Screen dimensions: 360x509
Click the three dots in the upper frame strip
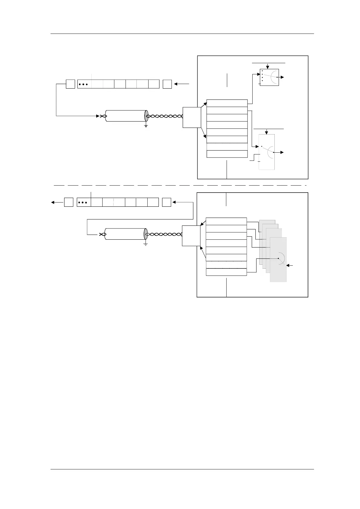pos(83,84)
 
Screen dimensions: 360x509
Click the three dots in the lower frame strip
pos(83,202)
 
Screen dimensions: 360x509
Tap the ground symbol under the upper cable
pos(146,125)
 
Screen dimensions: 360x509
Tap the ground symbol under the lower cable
pos(146,243)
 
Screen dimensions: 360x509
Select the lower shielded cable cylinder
pos(125,234)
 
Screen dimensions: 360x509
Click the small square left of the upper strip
pos(70,84)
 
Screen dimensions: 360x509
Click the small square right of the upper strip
pos(167,84)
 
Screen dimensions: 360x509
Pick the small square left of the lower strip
pos(69,202)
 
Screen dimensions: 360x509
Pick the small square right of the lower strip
pos(166,202)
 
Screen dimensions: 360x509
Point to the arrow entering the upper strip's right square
pos(182,84)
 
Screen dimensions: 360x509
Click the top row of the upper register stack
pos(227,103)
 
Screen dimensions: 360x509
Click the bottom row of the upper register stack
pos(227,154)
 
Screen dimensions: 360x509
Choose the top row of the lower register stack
pos(226,221)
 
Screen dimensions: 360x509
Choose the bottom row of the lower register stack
pos(226,272)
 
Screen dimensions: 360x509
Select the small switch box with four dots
pos(269,77)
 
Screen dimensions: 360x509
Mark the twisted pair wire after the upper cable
pos(165,116)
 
